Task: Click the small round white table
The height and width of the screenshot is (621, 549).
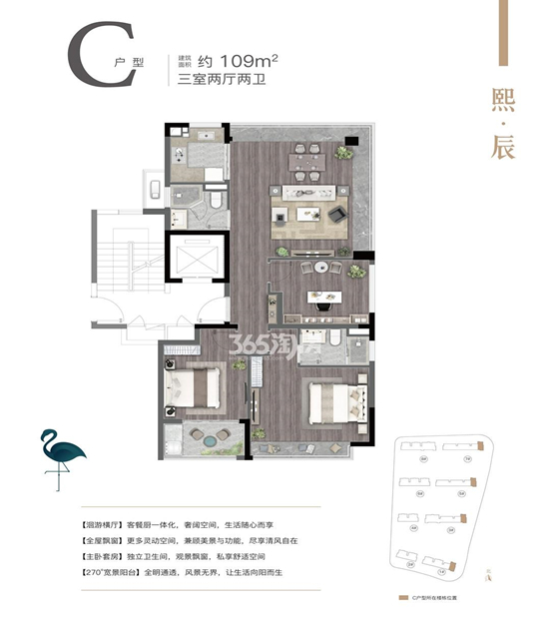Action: [320, 267]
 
